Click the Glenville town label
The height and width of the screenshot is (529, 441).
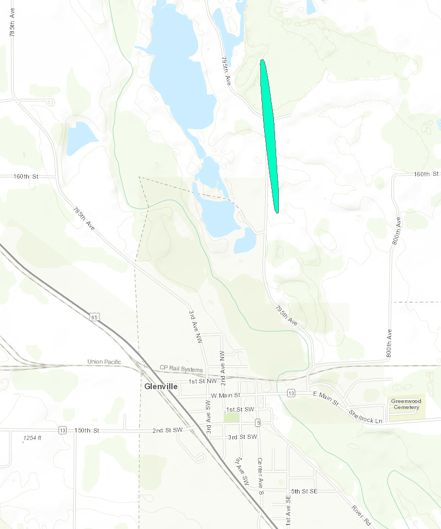pos(161,386)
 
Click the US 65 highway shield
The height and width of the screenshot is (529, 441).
pos(97,317)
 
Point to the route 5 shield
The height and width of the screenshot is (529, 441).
pos(258,422)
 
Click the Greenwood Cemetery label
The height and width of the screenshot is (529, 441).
pos(406,404)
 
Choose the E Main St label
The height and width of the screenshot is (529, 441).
pos(326,398)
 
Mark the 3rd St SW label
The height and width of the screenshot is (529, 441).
pos(242,437)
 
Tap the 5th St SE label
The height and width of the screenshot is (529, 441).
pos(304,491)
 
